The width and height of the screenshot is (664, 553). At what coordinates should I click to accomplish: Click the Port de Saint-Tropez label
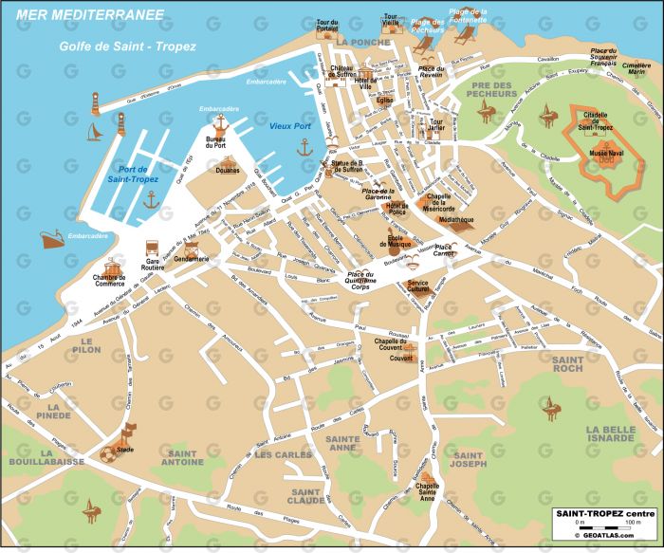133,174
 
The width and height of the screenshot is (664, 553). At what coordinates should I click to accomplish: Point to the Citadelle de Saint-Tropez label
599,120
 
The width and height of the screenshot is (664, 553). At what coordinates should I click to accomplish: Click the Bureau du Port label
215,143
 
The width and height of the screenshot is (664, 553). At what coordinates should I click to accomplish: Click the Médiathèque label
456,219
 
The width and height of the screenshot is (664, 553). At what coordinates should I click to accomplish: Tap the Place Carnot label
444,251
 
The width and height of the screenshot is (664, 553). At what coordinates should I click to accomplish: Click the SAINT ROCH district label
568,366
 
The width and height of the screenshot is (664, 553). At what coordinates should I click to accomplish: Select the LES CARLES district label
283,454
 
